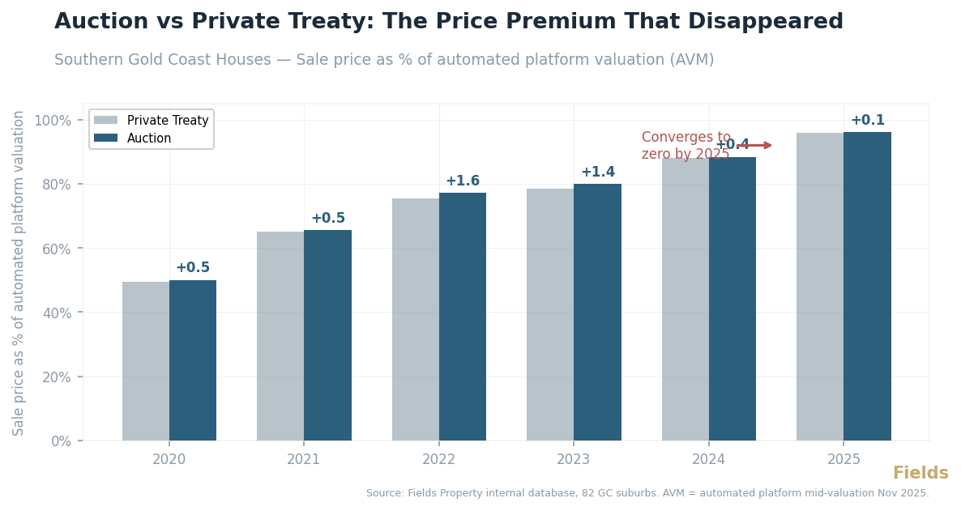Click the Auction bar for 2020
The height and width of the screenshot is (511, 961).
pyautogui.click(x=193, y=360)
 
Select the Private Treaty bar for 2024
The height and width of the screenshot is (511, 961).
pyautogui.click(x=686, y=299)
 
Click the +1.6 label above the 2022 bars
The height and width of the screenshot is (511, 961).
pyautogui.click(x=463, y=181)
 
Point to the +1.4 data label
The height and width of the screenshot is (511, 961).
pyautogui.click(x=598, y=172)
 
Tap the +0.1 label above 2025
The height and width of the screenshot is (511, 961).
pyautogui.click(x=867, y=121)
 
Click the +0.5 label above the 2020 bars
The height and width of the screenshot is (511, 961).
pyautogui.click(x=193, y=268)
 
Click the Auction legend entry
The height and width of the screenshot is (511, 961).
pyautogui.click(x=149, y=138)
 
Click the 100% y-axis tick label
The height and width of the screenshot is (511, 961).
pyautogui.click(x=53, y=121)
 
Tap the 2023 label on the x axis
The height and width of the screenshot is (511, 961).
pyautogui.click(x=574, y=460)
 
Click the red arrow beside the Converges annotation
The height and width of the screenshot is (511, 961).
pyautogui.click(x=755, y=146)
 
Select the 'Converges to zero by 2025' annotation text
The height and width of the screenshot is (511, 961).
pyautogui.click(x=686, y=146)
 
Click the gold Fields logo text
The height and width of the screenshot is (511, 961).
pyautogui.click(x=920, y=474)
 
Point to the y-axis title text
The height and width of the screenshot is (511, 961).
pyautogui.click(x=19, y=273)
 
